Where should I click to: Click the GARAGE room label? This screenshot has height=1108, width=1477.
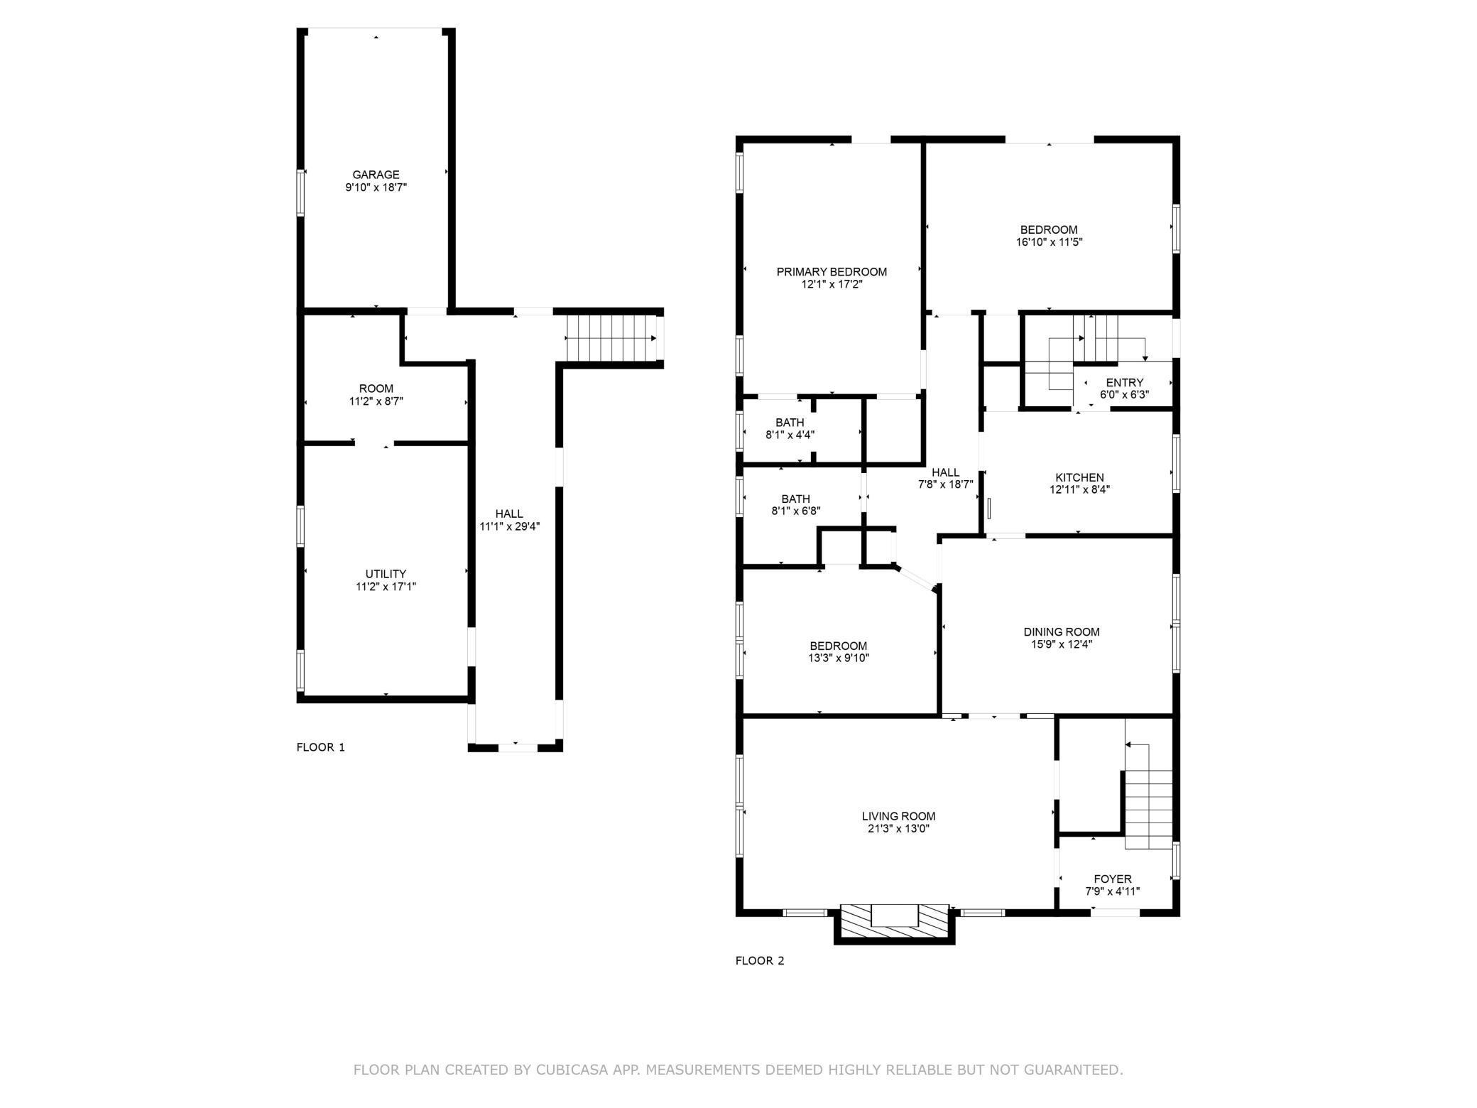[376, 175]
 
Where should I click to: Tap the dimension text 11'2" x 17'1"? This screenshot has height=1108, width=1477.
[386, 587]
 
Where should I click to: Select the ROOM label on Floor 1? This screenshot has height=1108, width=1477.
[376, 389]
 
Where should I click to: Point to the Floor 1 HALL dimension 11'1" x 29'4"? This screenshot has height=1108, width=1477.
[509, 526]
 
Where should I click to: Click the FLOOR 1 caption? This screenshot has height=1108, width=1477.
[320, 747]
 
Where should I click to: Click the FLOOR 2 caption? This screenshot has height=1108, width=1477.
[759, 961]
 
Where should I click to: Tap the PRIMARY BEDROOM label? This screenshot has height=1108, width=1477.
[832, 272]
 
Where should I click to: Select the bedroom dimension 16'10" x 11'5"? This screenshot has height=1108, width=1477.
[1049, 242]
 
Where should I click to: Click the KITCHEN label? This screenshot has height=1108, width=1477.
[1079, 477]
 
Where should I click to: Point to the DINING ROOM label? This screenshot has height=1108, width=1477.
[1062, 631]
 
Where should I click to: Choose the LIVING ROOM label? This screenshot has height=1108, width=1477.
[898, 816]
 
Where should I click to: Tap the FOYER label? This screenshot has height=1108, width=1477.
[1113, 879]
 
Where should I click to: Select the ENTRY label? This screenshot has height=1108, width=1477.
[1124, 383]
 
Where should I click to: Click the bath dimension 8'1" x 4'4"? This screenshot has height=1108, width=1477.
[790, 435]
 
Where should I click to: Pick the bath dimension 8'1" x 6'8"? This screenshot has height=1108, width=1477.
[795, 511]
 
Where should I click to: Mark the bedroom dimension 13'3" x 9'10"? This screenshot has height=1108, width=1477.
[838, 658]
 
